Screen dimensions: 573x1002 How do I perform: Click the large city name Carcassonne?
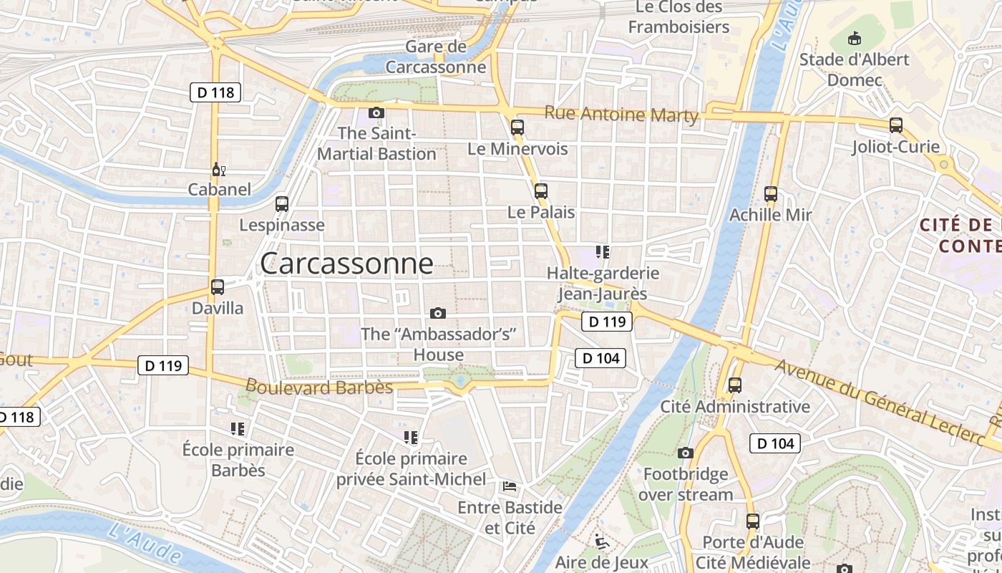coord(346,264)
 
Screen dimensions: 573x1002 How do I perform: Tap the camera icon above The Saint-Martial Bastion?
coord(376,112)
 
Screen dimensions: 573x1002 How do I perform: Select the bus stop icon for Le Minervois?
coord(517,128)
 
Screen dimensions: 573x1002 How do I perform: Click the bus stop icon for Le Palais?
coord(541,191)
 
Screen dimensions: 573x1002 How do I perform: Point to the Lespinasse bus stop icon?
coord(282,204)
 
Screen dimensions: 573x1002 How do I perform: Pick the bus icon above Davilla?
coord(218,287)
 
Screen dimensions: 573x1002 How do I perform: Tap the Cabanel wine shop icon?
coord(218,170)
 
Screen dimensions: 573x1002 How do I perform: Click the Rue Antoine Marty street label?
coord(621,114)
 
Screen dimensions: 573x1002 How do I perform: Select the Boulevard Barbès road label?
coord(319,387)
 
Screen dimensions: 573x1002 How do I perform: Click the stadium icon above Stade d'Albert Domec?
coord(854,38)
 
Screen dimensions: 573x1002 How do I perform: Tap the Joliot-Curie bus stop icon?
coord(896,125)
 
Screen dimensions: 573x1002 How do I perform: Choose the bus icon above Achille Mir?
coord(771,194)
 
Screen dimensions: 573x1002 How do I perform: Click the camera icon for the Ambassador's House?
coord(438,313)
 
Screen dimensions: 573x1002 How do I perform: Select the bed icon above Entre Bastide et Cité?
coord(510,487)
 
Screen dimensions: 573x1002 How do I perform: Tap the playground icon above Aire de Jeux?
coord(601,541)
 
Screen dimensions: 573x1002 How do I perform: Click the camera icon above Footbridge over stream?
coord(686,453)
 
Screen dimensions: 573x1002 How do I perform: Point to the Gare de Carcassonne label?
coord(436,57)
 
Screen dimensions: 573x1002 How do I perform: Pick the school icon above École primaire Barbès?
coord(238,429)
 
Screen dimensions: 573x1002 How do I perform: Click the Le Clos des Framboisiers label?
coord(678,17)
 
